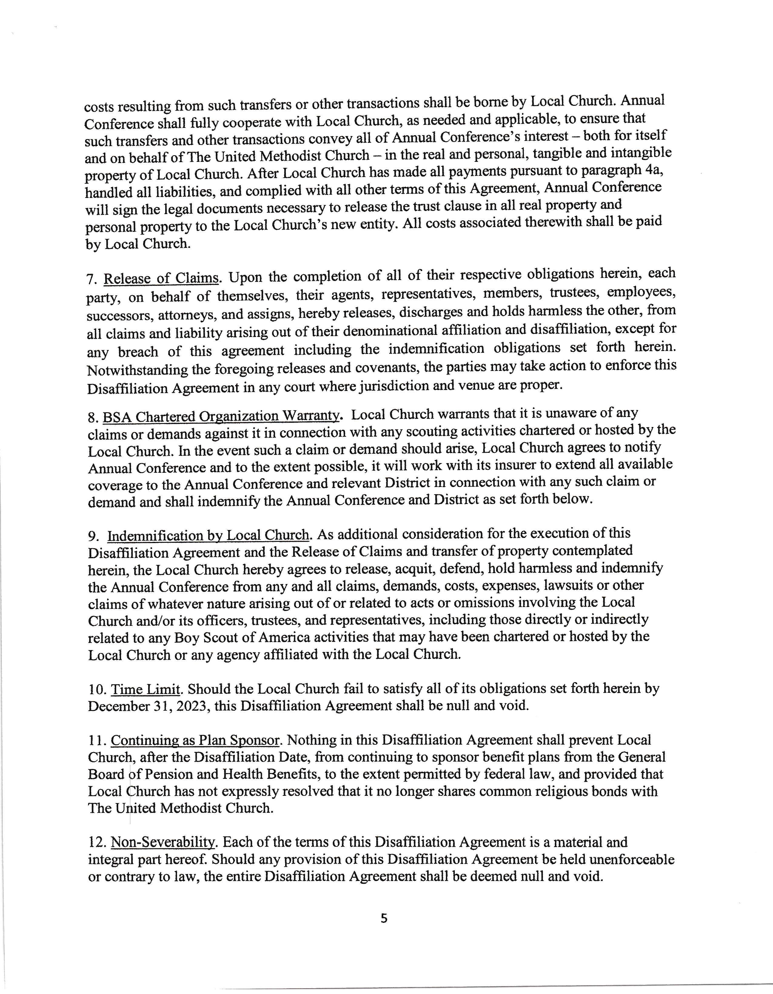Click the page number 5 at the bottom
point(384,919)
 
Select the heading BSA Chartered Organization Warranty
point(221,416)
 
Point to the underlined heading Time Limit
point(145,689)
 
